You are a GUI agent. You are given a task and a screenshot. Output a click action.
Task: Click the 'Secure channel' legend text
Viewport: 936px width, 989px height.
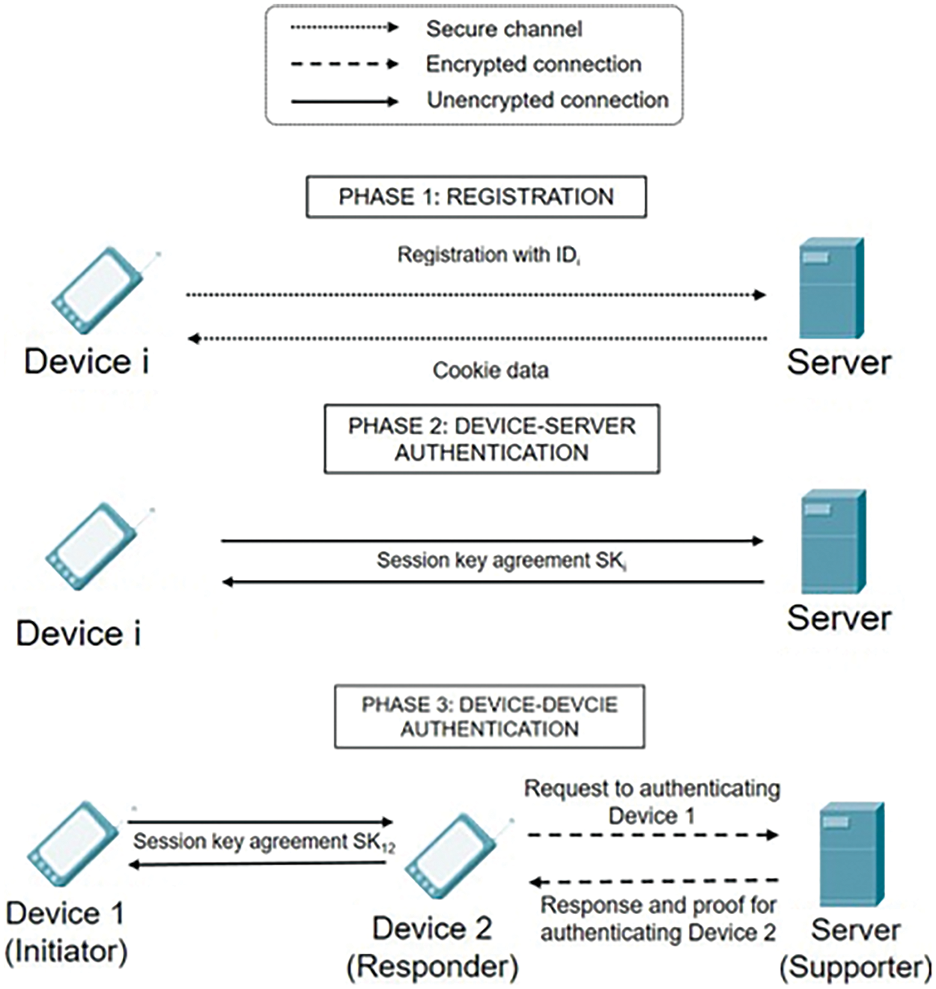(503, 29)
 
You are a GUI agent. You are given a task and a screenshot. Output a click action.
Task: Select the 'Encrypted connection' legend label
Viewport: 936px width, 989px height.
(533, 64)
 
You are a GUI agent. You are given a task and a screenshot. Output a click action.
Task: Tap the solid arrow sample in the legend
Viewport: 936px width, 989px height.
(344, 102)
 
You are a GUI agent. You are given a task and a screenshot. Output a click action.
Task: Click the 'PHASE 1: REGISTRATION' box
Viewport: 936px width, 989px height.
(475, 197)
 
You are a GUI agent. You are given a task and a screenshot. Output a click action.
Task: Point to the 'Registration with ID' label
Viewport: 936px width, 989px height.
(488, 255)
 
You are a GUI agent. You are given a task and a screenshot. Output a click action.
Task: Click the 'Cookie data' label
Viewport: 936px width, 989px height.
(490, 370)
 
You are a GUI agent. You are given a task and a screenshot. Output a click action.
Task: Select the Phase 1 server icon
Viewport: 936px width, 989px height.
(830, 289)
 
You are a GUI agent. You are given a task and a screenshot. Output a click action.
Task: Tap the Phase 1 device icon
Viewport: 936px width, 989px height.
(97, 290)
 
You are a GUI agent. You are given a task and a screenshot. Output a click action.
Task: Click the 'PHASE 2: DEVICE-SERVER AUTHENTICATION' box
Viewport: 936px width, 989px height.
(491, 439)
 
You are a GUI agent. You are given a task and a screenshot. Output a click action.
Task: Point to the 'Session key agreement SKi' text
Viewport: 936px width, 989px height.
(501, 561)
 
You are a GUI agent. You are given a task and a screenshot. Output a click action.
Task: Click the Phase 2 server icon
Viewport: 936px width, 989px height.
(833, 542)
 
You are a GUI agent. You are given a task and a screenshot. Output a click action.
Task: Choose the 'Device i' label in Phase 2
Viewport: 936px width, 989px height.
(79, 633)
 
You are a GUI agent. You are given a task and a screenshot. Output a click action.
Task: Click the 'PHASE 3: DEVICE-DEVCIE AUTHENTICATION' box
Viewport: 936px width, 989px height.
(489, 716)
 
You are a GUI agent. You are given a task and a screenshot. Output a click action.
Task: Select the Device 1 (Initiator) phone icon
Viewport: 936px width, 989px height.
(73, 845)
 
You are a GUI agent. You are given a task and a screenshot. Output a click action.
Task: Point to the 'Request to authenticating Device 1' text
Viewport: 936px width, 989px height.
(651, 801)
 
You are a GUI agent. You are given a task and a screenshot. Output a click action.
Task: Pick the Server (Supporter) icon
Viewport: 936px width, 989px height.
(851, 855)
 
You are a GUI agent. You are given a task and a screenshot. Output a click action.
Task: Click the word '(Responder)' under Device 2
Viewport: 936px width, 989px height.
(432, 967)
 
